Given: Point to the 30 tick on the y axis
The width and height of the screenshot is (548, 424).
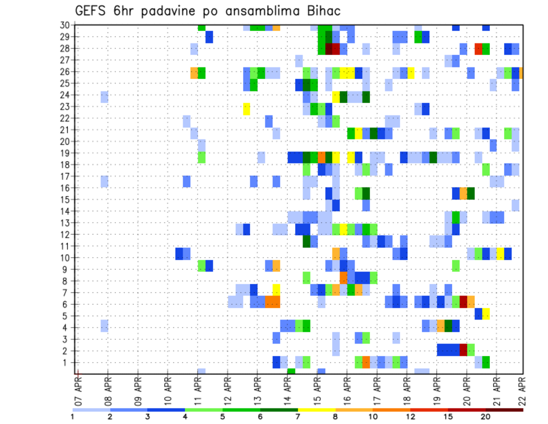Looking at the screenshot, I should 65,25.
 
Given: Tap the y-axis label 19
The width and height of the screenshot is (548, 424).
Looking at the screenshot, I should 65,153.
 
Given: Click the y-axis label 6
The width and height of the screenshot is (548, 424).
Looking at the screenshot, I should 67,305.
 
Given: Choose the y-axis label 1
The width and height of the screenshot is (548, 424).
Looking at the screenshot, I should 67,362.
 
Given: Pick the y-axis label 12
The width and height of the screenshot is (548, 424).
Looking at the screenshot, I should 65,235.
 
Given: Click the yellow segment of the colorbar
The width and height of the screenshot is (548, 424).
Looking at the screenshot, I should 316,409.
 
